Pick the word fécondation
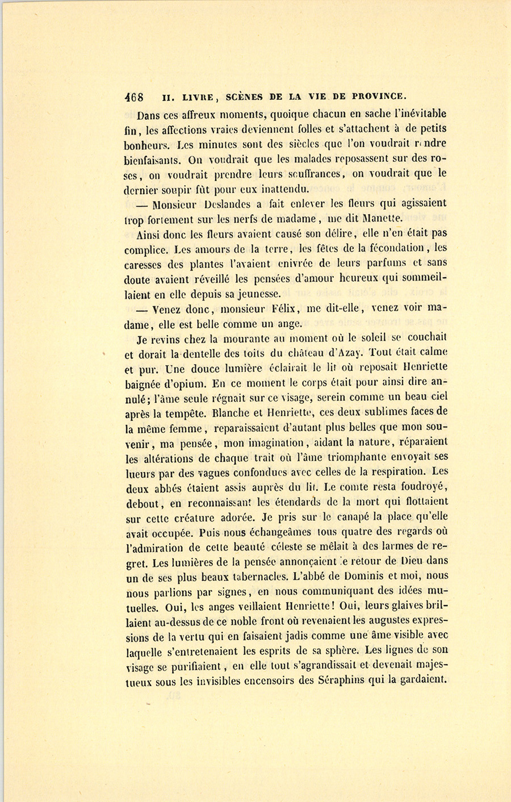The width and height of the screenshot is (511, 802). (x=390, y=248)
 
